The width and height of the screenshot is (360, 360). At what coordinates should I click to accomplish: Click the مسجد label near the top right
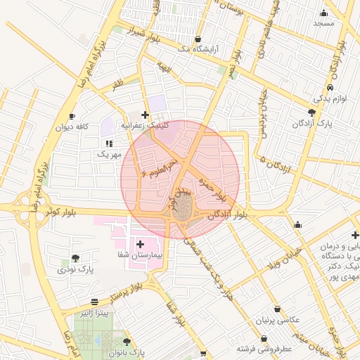(x=324, y=23)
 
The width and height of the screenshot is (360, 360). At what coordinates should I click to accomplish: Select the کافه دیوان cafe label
(x=72, y=127)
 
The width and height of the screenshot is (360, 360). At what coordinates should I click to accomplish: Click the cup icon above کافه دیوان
(x=72, y=115)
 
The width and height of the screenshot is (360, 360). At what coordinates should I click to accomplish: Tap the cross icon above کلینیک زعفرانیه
(x=145, y=115)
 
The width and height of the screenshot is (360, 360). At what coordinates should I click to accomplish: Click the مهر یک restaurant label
(x=110, y=153)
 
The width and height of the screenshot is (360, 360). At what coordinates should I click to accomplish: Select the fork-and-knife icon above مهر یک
(x=109, y=143)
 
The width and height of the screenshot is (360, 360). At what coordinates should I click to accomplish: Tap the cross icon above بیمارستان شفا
(x=140, y=244)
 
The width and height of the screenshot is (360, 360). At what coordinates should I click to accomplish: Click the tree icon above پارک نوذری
(x=75, y=257)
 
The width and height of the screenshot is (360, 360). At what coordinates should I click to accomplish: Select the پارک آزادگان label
(x=313, y=123)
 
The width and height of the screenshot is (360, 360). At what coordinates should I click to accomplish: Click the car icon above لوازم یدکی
(x=330, y=89)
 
